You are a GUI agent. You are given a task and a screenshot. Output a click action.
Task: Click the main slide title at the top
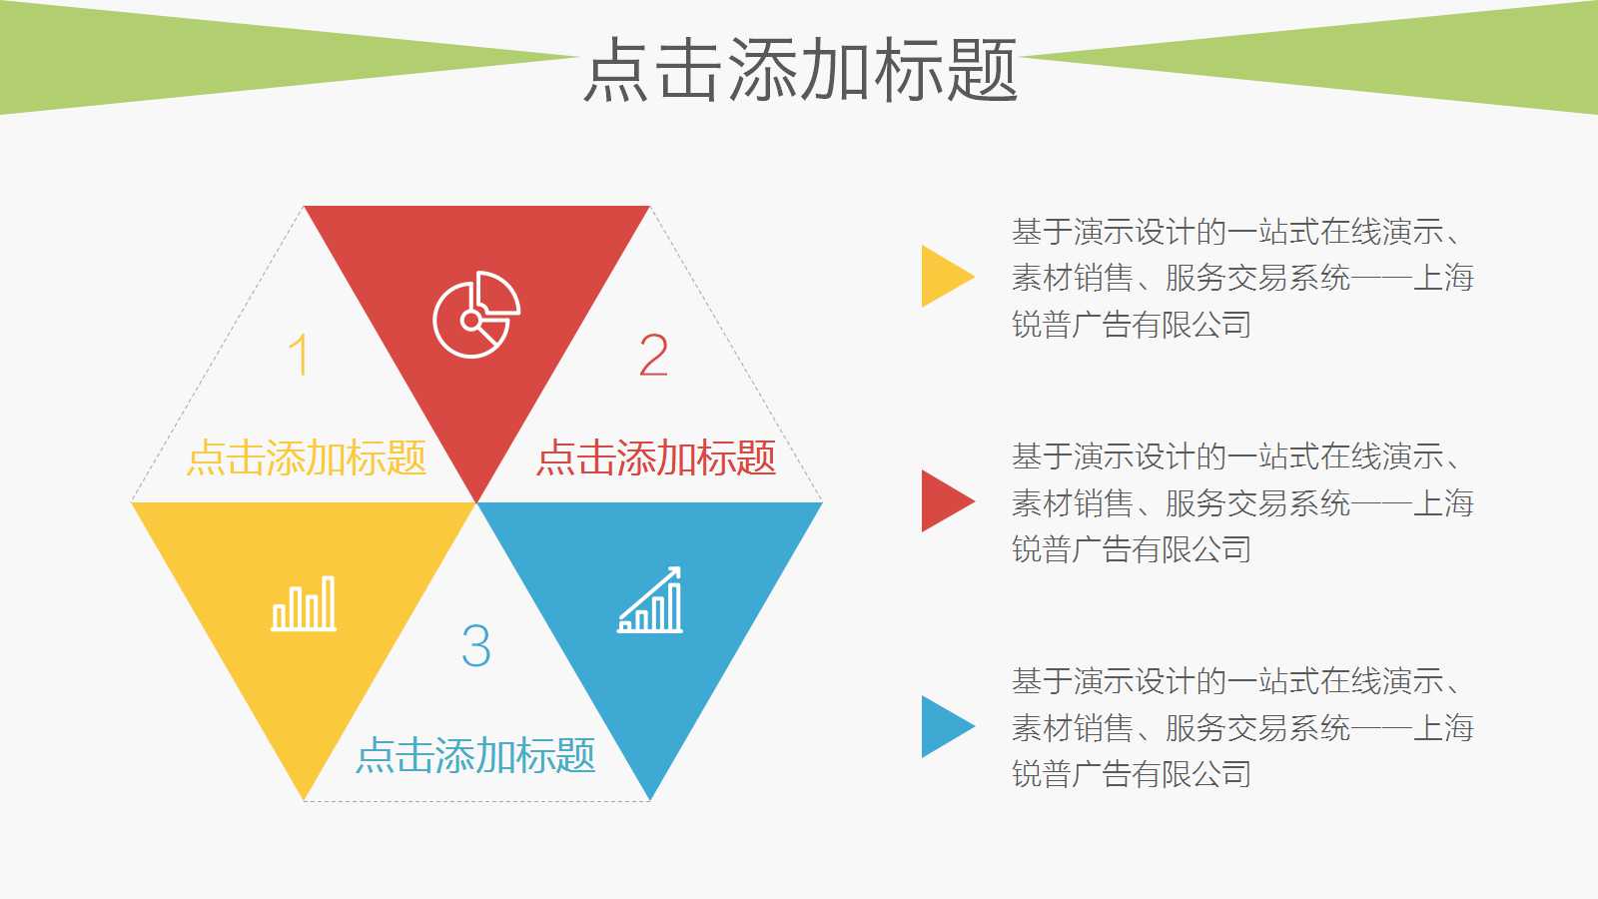(800, 70)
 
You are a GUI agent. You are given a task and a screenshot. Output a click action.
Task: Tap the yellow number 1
(298, 355)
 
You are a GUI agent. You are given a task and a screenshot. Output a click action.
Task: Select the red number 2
(653, 355)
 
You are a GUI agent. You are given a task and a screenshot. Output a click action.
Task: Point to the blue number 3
(476, 645)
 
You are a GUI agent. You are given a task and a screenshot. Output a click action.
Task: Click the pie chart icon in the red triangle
(476, 315)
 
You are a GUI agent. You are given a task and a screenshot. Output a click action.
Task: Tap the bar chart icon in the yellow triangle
(305, 604)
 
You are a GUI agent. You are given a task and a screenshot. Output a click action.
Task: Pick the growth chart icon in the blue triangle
(650, 601)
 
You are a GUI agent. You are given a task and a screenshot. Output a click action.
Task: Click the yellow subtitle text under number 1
(307, 458)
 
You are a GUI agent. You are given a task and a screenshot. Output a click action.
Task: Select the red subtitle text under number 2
(656, 458)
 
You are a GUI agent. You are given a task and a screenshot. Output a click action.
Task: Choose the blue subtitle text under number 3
(476, 755)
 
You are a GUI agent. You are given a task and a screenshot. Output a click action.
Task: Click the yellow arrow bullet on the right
(945, 276)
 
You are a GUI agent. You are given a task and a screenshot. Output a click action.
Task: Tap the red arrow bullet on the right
(945, 500)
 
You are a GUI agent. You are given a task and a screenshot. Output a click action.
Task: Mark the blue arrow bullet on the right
(945, 726)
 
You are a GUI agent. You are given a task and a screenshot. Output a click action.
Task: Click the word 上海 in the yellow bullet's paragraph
(1444, 278)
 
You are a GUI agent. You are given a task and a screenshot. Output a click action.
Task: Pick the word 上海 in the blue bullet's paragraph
(1444, 727)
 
